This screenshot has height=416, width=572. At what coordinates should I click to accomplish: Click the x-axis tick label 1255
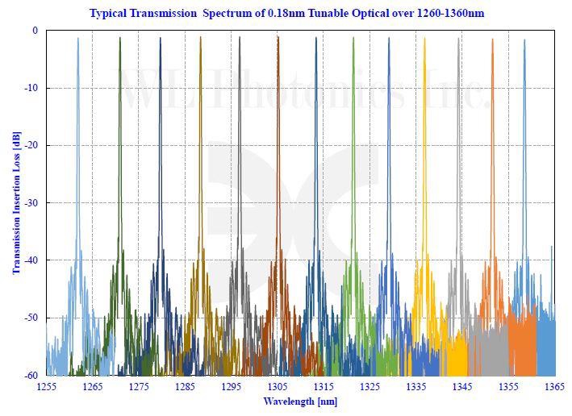[46, 388]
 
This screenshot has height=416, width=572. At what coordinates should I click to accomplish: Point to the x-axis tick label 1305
[278, 388]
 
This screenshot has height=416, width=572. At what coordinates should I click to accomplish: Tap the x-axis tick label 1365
[555, 388]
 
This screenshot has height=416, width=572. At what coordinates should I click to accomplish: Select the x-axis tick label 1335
[416, 388]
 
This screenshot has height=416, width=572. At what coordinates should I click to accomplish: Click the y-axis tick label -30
[31, 203]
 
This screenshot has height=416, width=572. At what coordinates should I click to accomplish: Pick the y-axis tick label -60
[31, 375]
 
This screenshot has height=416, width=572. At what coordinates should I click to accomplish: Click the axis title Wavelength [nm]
[300, 401]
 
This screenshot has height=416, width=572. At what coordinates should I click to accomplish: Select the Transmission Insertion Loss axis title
[16, 203]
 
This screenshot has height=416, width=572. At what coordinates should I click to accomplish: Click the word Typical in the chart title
[109, 14]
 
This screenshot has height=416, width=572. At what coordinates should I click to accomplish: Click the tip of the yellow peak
[423, 38]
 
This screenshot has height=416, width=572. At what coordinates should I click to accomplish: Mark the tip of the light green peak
[353, 38]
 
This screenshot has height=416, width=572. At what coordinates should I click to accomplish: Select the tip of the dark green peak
[119, 38]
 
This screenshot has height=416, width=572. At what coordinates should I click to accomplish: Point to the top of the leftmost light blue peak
[78, 38]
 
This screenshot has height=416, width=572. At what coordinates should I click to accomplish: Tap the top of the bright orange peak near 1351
[492, 38]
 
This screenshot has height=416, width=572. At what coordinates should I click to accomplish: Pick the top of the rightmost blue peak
[524, 39]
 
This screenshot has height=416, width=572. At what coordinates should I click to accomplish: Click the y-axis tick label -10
[31, 88]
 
